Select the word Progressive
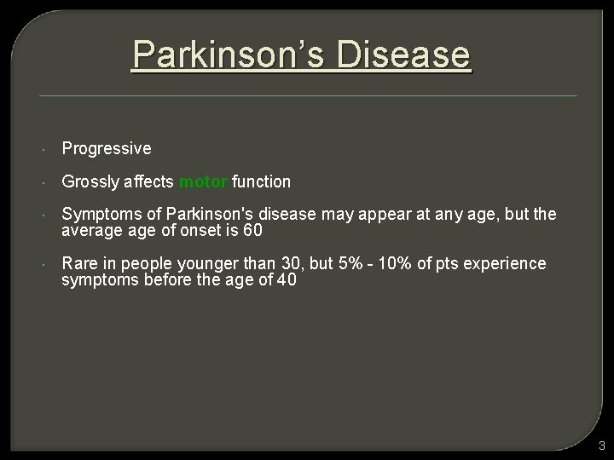click(107, 149)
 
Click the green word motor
click(202, 181)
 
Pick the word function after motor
click(261, 181)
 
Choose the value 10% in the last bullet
click(397, 264)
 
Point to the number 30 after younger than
click(291, 264)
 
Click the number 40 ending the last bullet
click(287, 279)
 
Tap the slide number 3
click(601, 446)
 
